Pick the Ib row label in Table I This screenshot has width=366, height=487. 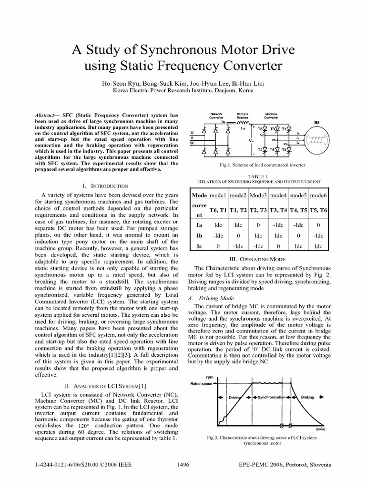pos(200,235)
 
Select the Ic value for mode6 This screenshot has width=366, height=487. pos(318,247)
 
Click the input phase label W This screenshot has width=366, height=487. pos(192,143)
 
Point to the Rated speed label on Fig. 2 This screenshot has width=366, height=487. pos(201,382)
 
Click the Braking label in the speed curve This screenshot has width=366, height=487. pos(307,397)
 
